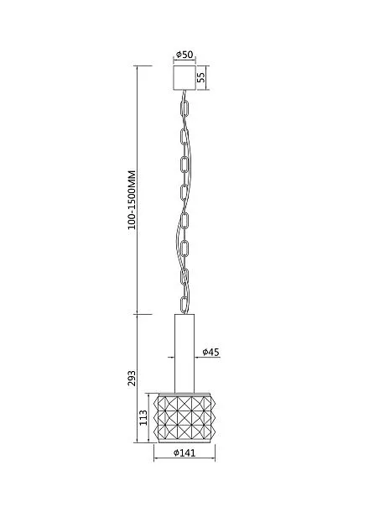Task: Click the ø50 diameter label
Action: tap(184, 55)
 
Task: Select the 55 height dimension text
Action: tap(201, 77)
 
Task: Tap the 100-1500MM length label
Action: tap(132, 200)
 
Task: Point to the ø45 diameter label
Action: tap(211, 352)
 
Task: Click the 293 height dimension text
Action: tap(132, 378)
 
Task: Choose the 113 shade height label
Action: tap(143, 417)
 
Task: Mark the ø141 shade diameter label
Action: tap(184, 452)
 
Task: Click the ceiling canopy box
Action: tap(184, 78)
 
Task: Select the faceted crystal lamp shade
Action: tap(184, 418)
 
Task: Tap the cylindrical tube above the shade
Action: tap(184, 353)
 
